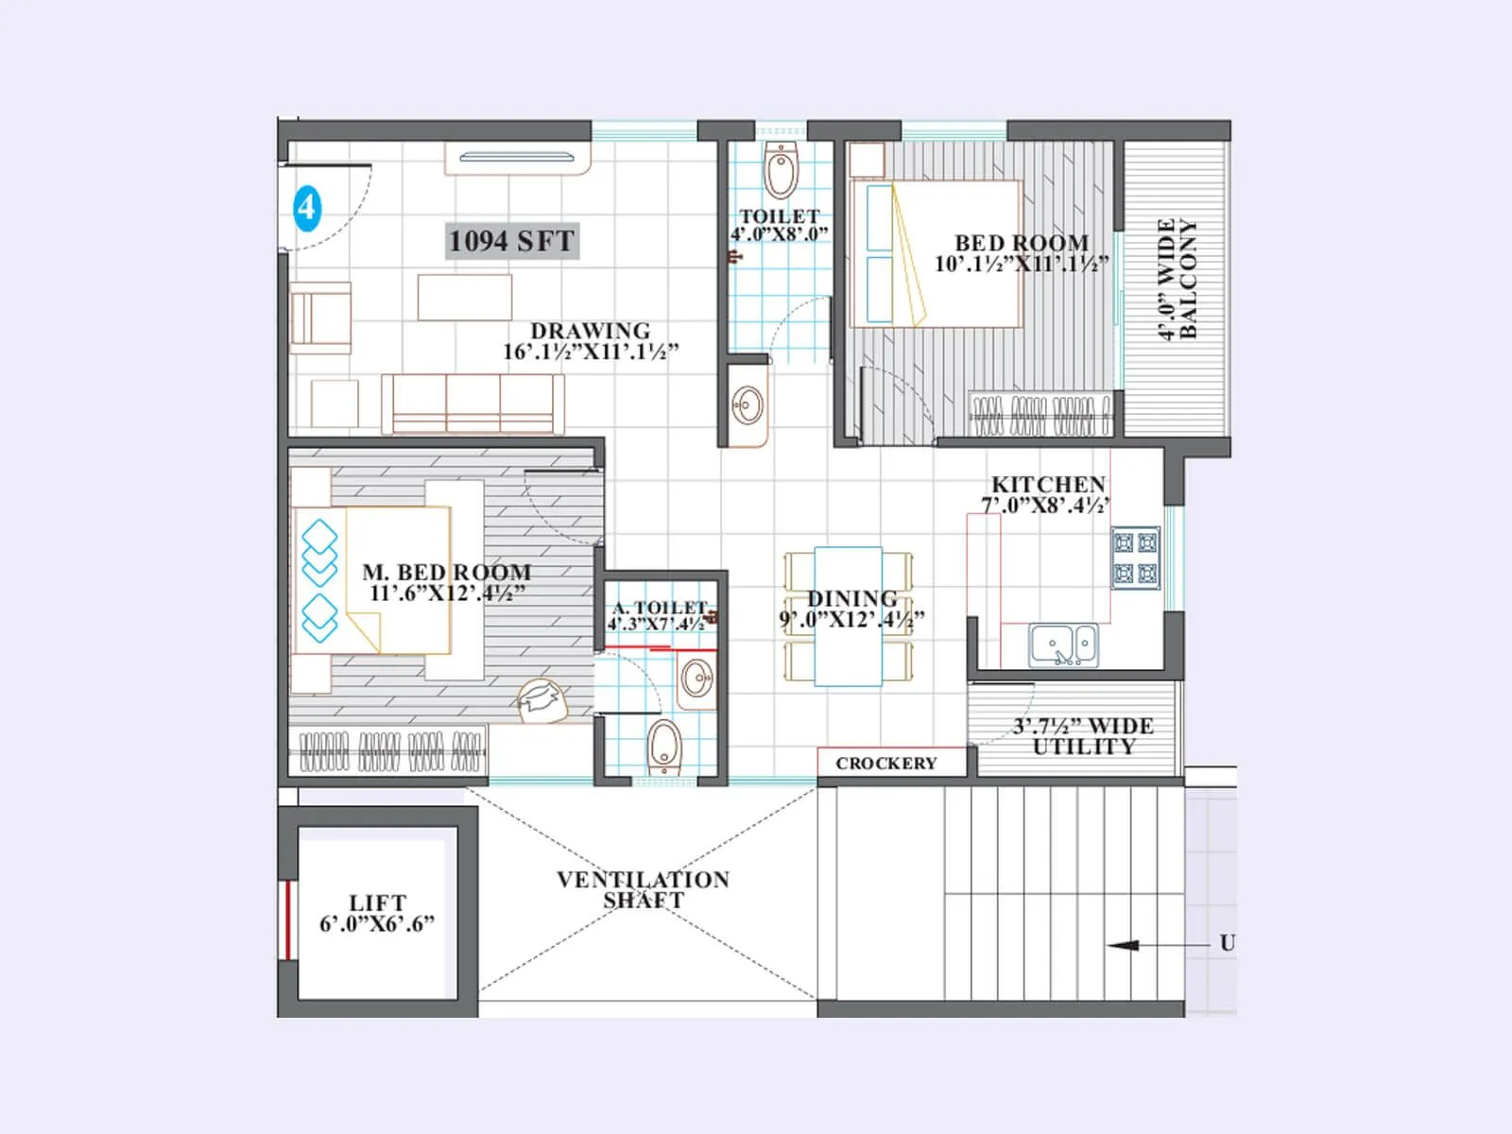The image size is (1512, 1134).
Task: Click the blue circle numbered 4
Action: tap(307, 207)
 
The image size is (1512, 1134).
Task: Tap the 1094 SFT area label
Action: tap(511, 241)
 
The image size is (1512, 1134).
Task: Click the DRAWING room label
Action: tap(591, 332)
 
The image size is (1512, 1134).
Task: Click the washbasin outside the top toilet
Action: tap(748, 406)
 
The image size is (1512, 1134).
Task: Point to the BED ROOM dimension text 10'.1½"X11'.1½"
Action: tap(1022, 265)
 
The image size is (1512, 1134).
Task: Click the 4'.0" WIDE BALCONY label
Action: tap(1177, 279)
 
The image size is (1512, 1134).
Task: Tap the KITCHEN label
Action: tap(1048, 484)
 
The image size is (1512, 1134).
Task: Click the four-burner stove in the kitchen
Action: tap(1135, 558)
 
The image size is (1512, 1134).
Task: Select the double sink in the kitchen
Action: tap(1064, 645)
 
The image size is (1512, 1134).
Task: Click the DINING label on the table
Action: tap(851, 599)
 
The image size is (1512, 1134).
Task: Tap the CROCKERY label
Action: tap(886, 763)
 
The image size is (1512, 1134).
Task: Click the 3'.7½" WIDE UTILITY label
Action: tap(1083, 736)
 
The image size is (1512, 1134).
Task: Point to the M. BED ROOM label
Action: tap(446, 573)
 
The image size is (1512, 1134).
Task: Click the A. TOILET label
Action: tap(660, 608)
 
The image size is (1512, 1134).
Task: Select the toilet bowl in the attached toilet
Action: tap(664, 747)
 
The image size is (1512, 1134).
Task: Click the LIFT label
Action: tap(377, 902)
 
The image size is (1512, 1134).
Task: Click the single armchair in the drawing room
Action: tap(321, 318)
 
